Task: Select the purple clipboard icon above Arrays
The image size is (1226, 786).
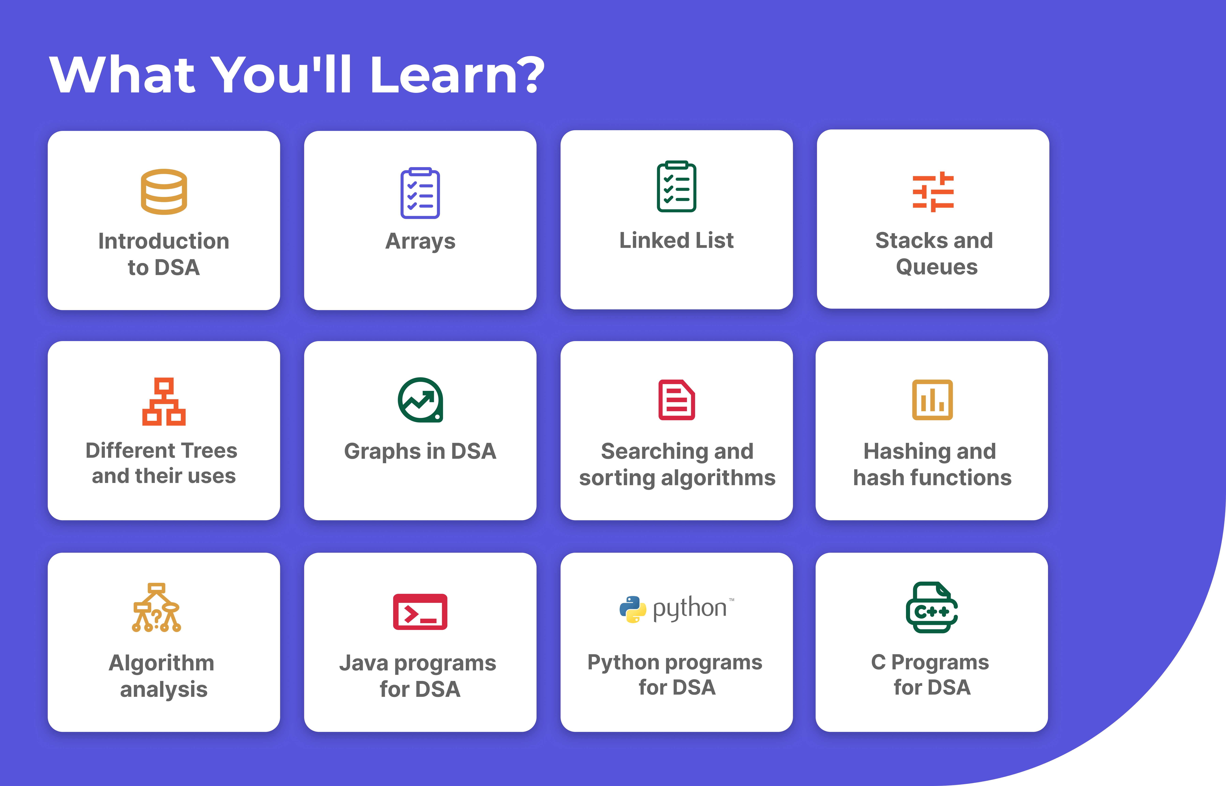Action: [x=420, y=193]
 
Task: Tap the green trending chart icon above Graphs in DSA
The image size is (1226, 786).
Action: [x=420, y=400]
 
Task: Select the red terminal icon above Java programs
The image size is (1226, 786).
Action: [x=420, y=611]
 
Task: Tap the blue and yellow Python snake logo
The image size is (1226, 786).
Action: [x=633, y=609]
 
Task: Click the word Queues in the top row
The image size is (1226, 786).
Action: [x=937, y=267]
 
